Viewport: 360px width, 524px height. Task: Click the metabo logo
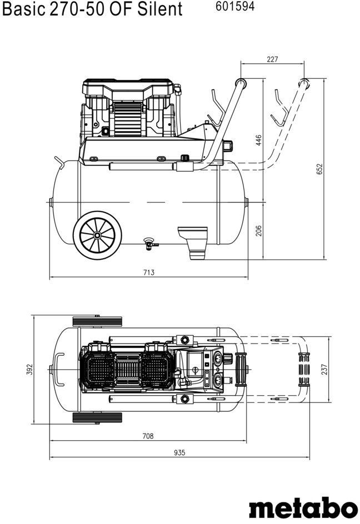(x=303, y=508)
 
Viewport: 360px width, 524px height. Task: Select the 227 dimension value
(x=272, y=59)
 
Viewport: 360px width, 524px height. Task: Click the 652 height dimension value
(x=319, y=169)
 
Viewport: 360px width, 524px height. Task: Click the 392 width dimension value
(x=30, y=369)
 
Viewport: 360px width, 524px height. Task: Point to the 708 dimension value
(x=148, y=436)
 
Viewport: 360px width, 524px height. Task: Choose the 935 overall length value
(x=179, y=453)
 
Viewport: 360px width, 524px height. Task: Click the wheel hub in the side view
(x=97, y=234)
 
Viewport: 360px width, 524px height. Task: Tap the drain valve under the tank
(x=149, y=242)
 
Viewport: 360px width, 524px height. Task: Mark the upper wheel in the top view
(x=97, y=321)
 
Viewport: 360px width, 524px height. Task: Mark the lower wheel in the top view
(x=97, y=417)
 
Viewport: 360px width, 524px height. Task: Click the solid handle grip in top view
(x=242, y=369)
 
